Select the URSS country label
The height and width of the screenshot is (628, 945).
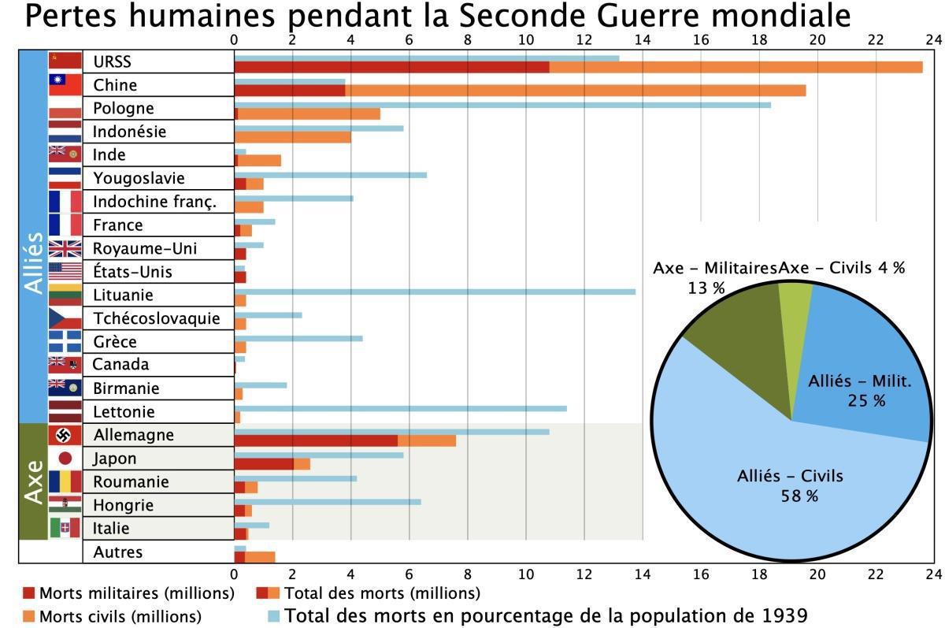pos(112,61)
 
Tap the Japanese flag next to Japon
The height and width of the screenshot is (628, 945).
pos(65,459)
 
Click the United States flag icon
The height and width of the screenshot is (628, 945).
pos(65,272)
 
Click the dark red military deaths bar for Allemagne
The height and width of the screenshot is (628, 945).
pos(315,440)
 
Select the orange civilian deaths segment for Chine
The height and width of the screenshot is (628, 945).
pos(575,91)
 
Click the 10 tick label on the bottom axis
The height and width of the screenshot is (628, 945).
pos(525,574)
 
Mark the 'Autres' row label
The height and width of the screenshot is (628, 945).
pos(117,552)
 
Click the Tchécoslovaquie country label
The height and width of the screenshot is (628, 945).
pos(157,318)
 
